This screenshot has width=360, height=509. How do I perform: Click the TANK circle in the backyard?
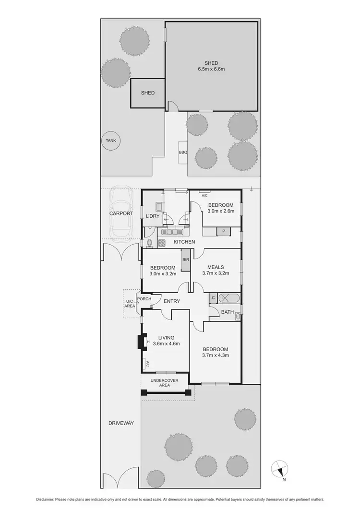coord(111,141)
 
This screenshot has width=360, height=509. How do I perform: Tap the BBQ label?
coord(183,153)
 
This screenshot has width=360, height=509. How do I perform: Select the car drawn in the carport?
coord(121,213)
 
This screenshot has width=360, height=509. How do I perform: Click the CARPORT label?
coord(120,214)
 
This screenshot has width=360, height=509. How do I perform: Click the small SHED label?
coord(148,93)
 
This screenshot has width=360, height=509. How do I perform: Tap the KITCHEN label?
coord(184,242)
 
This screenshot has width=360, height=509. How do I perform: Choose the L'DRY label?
coord(152,216)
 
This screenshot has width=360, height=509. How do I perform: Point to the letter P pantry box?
coord(223,232)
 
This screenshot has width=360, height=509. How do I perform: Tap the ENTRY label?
coord(172,301)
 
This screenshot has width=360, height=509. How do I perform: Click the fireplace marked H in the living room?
coord(142,342)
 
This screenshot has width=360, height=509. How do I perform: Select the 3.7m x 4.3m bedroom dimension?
coord(216,356)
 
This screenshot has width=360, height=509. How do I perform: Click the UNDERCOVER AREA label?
coord(165,383)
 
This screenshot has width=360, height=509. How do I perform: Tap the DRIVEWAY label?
coord(121,423)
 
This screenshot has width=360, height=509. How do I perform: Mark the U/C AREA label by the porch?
coord(130,302)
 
